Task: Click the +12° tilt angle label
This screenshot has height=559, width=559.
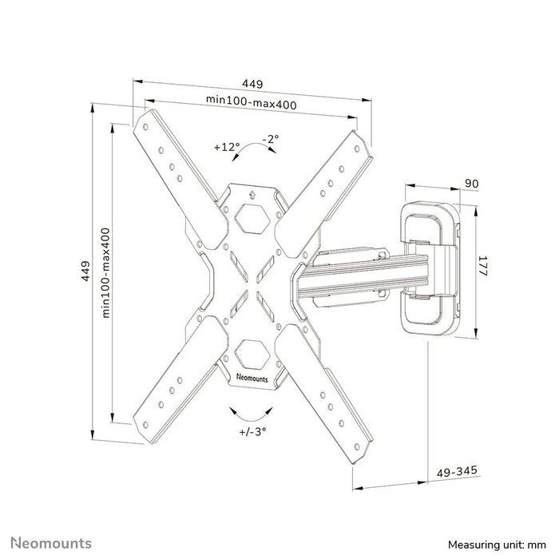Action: click(227, 147)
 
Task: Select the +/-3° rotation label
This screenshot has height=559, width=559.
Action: click(252, 430)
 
